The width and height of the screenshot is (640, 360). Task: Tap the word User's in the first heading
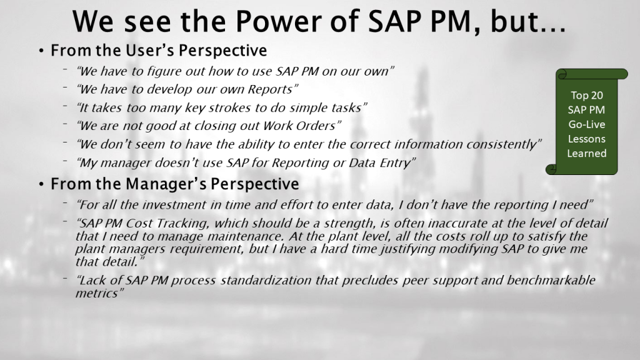click(149, 50)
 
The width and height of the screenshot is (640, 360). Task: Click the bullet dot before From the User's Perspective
click(41, 51)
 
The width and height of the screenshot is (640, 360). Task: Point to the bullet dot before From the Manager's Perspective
click(41, 184)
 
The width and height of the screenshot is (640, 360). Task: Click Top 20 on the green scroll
click(586, 96)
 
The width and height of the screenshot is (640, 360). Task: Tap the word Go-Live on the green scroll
click(586, 124)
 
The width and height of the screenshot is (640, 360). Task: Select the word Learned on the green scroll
click(586, 154)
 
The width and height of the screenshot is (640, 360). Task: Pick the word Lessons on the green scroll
click(586, 139)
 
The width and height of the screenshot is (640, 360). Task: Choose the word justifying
click(407, 249)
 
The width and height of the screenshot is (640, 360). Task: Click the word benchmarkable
click(551, 281)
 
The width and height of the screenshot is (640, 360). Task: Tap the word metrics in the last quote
click(97, 294)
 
